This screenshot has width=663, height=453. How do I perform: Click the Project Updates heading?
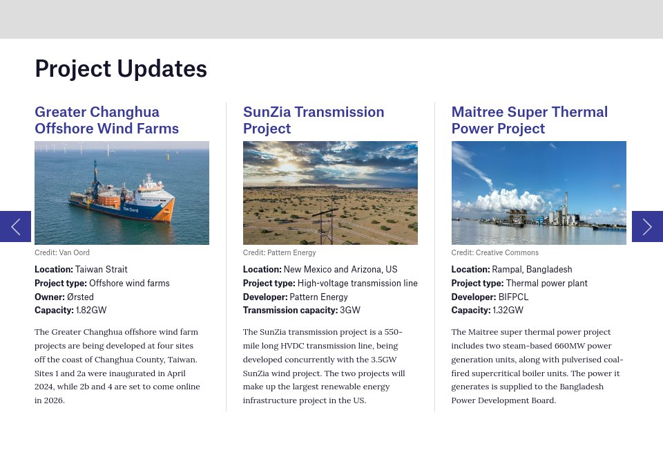121,69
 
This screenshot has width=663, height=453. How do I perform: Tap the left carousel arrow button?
15,226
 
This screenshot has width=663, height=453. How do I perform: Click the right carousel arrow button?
647,226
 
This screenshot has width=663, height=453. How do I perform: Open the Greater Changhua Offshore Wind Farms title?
106,120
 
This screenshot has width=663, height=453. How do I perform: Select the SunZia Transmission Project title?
314,120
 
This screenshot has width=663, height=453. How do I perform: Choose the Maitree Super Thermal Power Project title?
529,120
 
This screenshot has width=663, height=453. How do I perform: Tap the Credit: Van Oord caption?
62,253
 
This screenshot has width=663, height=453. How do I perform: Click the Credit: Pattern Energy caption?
279,253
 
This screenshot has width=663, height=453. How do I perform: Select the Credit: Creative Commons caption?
494,253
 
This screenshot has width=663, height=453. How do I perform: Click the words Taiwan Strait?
101,270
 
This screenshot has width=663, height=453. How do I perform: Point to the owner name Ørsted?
80,297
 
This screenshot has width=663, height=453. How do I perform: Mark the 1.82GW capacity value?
91,311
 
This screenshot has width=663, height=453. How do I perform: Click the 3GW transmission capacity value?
350,311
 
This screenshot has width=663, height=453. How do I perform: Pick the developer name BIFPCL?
513,297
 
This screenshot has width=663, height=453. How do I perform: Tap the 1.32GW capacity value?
508,311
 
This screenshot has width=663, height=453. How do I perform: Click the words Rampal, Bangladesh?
532,270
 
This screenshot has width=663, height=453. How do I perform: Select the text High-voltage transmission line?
357,284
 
